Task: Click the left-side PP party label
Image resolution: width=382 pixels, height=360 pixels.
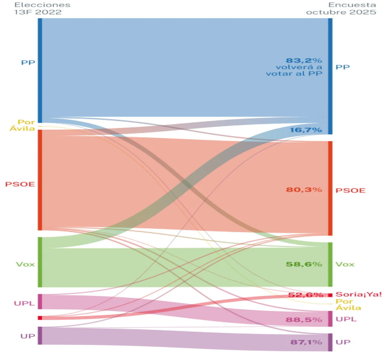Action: [28, 63]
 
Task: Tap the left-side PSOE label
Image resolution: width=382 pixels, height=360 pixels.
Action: [20, 184]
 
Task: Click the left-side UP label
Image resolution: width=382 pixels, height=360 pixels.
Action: [28, 336]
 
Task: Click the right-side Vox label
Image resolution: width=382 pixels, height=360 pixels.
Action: [344, 265]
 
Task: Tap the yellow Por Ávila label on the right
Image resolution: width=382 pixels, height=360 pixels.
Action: [344, 305]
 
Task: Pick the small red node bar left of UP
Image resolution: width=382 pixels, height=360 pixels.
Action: [40, 318]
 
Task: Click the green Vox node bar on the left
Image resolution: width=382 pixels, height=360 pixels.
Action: [40, 262]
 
